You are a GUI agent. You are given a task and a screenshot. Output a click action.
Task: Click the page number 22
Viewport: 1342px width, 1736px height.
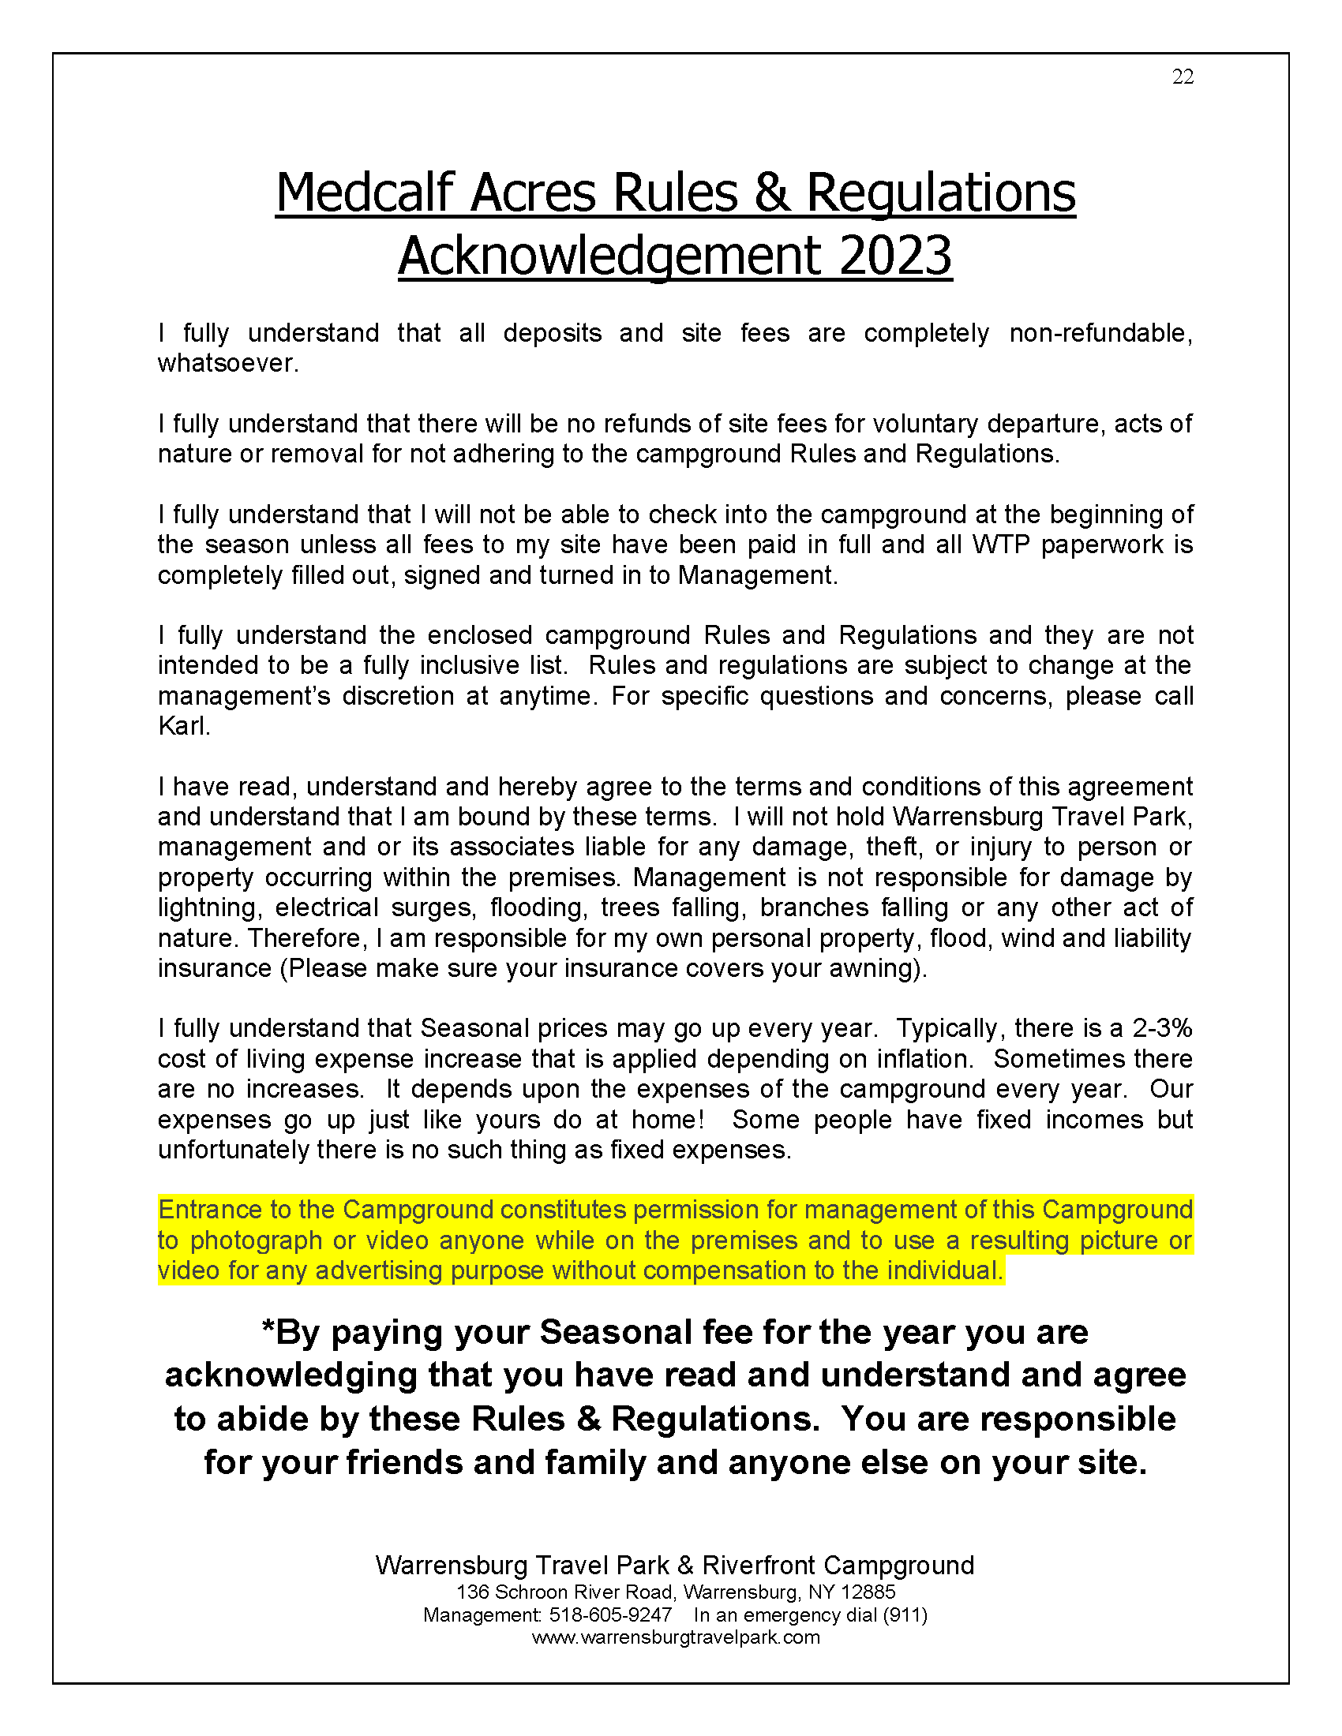point(1183,77)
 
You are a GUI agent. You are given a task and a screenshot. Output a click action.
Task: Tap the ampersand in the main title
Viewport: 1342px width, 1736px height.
point(771,193)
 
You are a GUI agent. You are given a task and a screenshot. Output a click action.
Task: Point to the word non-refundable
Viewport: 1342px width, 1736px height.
point(1100,333)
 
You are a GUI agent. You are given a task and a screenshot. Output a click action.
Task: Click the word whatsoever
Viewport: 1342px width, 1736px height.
point(227,363)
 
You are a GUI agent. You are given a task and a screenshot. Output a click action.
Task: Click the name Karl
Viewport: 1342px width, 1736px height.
point(182,726)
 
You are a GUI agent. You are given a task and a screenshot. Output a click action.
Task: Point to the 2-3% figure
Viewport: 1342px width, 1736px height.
point(1161,1028)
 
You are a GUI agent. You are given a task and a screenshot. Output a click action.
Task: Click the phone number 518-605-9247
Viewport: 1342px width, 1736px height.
point(609,1615)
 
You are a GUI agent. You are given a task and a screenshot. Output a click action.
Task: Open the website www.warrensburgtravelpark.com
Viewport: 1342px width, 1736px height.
point(675,1637)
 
